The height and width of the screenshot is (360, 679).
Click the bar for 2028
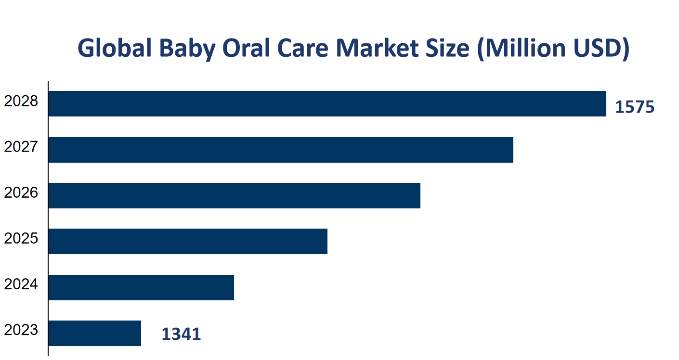pyautogui.click(x=327, y=103)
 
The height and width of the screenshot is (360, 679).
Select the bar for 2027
pyautogui.click(x=281, y=150)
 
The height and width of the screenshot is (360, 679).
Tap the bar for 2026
pyautogui.click(x=234, y=195)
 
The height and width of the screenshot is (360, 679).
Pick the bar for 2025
pyautogui.click(x=188, y=241)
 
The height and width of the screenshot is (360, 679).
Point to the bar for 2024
pyautogui.click(x=141, y=287)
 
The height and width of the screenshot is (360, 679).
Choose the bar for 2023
pyautogui.click(x=95, y=333)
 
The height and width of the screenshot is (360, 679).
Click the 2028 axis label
pyautogui.click(x=21, y=102)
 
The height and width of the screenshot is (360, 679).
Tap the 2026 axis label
pyautogui.click(x=21, y=193)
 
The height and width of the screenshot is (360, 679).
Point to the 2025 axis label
pyautogui.click(x=21, y=239)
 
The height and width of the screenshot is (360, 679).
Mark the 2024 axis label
pyautogui.click(x=21, y=284)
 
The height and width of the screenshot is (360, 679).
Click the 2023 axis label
pyautogui.click(x=21, y=330)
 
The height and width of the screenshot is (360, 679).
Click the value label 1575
pyautogui.click(x=635, y=107)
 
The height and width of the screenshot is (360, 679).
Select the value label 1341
pyautogui.click(x=181, y=334)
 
